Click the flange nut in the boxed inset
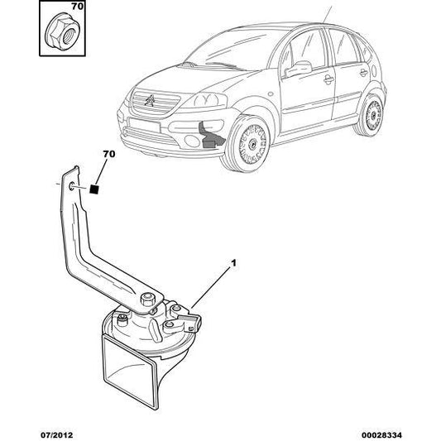point(62,33)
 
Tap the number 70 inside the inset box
point(77,7)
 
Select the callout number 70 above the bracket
point(109,154)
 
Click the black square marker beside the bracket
point(94,189)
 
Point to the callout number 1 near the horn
point(233,263)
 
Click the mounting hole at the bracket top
point(71,186)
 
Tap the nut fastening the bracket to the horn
point(148,299)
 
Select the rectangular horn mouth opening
point(130,372)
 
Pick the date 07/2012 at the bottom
point(57,435)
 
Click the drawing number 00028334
point(381,435)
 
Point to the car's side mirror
point(299,69)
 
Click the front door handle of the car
point(328,80)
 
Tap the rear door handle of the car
point(364,73)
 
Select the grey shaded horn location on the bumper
point(210,136)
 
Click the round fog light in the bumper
point(193,141)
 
